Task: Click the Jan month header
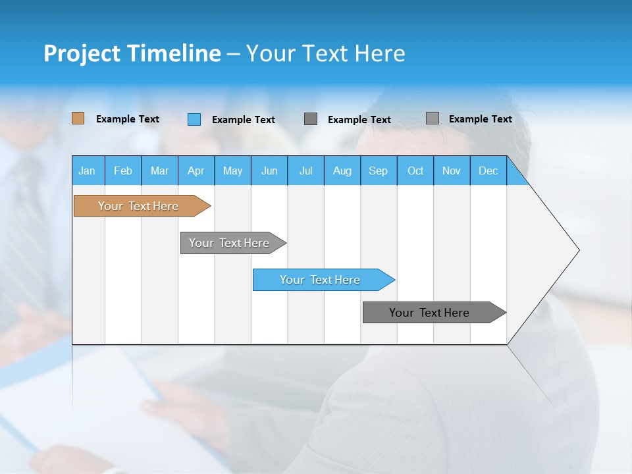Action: pos(88,171)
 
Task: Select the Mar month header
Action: pos(159,171)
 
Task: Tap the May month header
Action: pos(232,171)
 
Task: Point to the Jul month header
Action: pos(305,171)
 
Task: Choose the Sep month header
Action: pos(378,171)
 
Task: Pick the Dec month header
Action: pos(488,171)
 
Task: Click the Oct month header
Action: pos(415,171)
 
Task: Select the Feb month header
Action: pos(123,171)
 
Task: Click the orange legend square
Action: pos(78,118)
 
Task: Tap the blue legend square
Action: pos(194,119)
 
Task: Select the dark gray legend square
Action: pos(311,119)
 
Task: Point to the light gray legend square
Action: pos(433,118)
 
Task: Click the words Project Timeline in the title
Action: pos(132,53)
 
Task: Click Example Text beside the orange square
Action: pos(128,119)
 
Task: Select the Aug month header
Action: pos(342,171)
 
